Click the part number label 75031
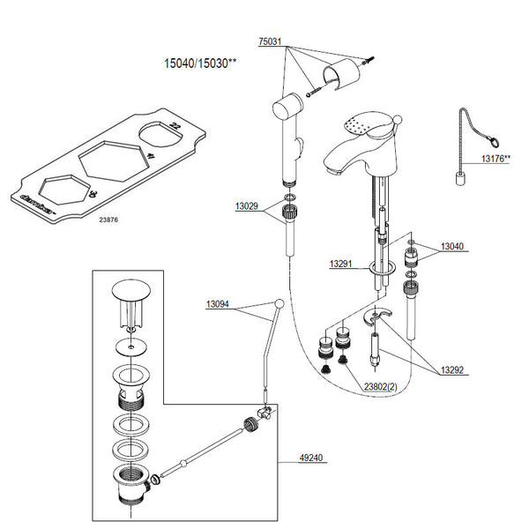tap(271, 41)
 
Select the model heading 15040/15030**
tap(201, 63)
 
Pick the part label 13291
tap(342, 264)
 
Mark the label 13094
tap(219, 304)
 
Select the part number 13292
tap(453, 371)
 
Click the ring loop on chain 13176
tap(497, 138)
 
